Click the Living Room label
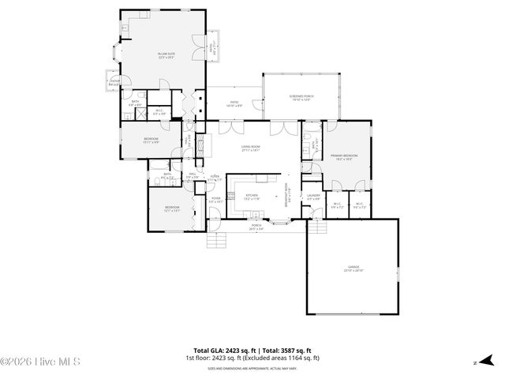point(251,148)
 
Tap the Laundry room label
point(313,197)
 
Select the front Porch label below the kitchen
point(256,227)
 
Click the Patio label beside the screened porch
point(234,103)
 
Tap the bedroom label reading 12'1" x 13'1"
point(172,208)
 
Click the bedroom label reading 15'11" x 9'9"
point(151,141)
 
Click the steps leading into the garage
point(318,228)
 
